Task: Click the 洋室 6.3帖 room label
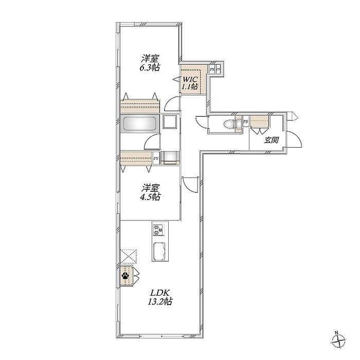coord(150,63)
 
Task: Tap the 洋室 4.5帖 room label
coord(150,192)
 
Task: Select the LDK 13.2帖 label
coord(160,297)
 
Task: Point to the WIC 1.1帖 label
coord(190,83)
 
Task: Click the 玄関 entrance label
coord(271,140)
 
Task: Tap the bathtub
coord(139,124)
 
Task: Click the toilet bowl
coord(230,124)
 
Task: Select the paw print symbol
coord(125,275)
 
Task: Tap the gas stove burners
coord(158,229)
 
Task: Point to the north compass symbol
coord(338,345)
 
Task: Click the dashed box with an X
coord(129,256)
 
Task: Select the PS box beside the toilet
coord(246,121)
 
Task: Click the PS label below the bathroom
coord(156,158)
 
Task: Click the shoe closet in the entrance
coord(259,121)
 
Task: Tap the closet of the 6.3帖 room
coord(140,106)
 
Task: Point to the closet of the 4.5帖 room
coord(136,158)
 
